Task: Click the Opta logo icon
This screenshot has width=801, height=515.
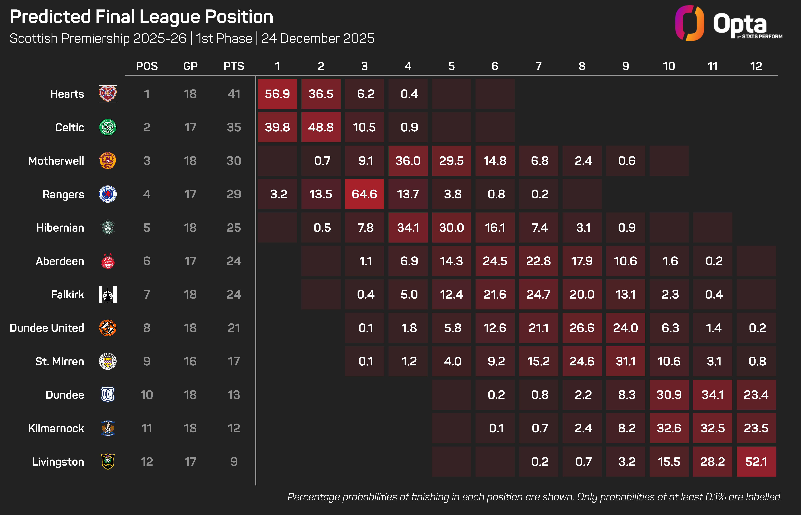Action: point(689,23)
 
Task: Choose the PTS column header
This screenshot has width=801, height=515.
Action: point(234,66)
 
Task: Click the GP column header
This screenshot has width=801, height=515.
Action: point(190,66)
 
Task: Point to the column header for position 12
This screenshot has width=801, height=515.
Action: point(756,66)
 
